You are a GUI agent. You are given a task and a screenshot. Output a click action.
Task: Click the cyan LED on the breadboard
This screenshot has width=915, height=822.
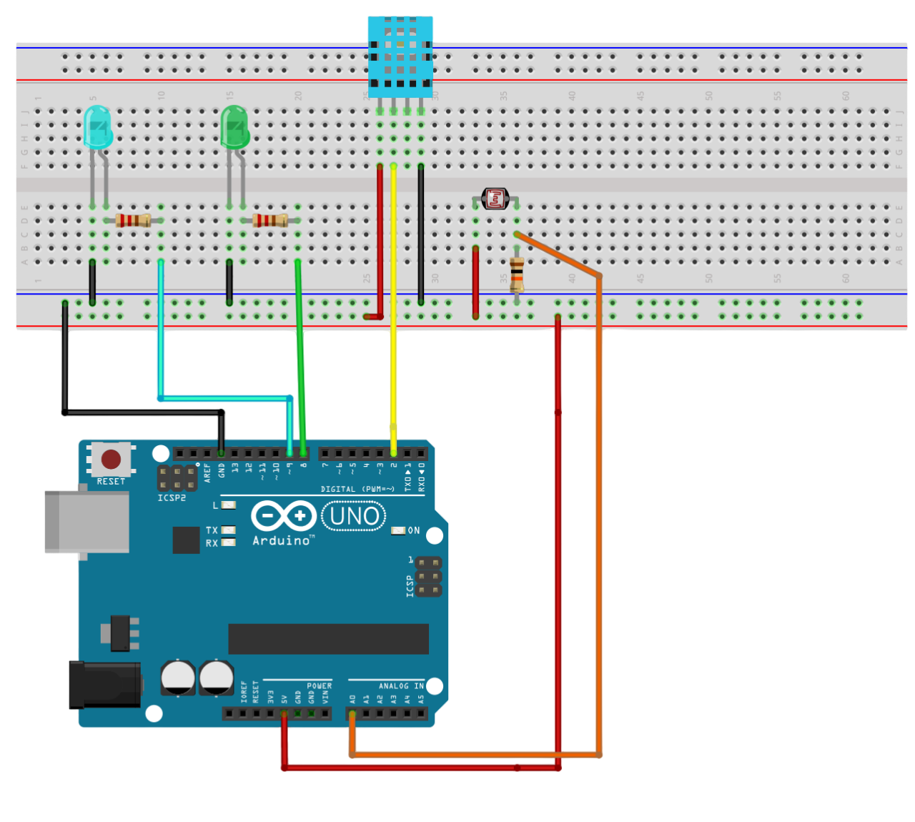(97, 127)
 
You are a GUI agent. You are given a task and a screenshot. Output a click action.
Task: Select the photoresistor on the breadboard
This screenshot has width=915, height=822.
(495, 199)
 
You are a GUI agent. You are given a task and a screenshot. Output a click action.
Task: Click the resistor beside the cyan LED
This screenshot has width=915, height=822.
(133, 220)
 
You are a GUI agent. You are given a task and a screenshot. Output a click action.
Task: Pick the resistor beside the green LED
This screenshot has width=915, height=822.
(270, 220)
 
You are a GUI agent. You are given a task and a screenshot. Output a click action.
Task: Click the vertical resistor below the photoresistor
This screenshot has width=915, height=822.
(517, 274)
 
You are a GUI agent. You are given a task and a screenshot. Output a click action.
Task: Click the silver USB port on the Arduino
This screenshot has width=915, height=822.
(86, 522)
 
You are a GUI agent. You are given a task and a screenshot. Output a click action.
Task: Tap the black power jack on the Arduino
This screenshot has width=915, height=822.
(104, 685)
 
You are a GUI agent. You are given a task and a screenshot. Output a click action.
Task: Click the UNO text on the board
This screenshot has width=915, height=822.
(355, 516)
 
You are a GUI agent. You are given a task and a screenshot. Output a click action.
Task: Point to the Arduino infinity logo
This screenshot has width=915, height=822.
(283, 516)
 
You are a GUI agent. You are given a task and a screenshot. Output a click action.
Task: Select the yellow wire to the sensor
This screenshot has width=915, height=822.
(393, 307)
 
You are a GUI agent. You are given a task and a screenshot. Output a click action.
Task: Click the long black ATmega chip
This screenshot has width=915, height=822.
(328, 638)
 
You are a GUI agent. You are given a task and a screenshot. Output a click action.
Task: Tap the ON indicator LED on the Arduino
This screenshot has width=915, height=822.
(398, 530)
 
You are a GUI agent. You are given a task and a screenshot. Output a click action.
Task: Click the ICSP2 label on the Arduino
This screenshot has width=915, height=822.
(172, 497)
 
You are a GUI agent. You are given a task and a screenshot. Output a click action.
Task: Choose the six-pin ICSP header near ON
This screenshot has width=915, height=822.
(428, 577)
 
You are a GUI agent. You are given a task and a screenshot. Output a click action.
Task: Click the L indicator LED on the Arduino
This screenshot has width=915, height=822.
(229, 505)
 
